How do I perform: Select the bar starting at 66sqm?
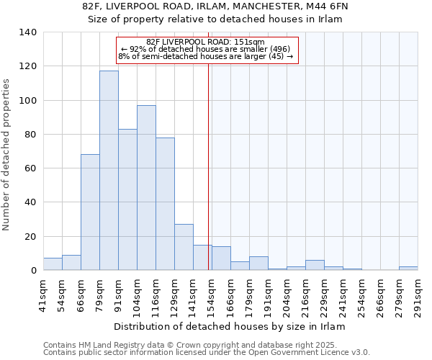90,212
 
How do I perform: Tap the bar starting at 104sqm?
146,188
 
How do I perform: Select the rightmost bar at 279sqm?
408,268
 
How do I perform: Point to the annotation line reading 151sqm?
206,42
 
